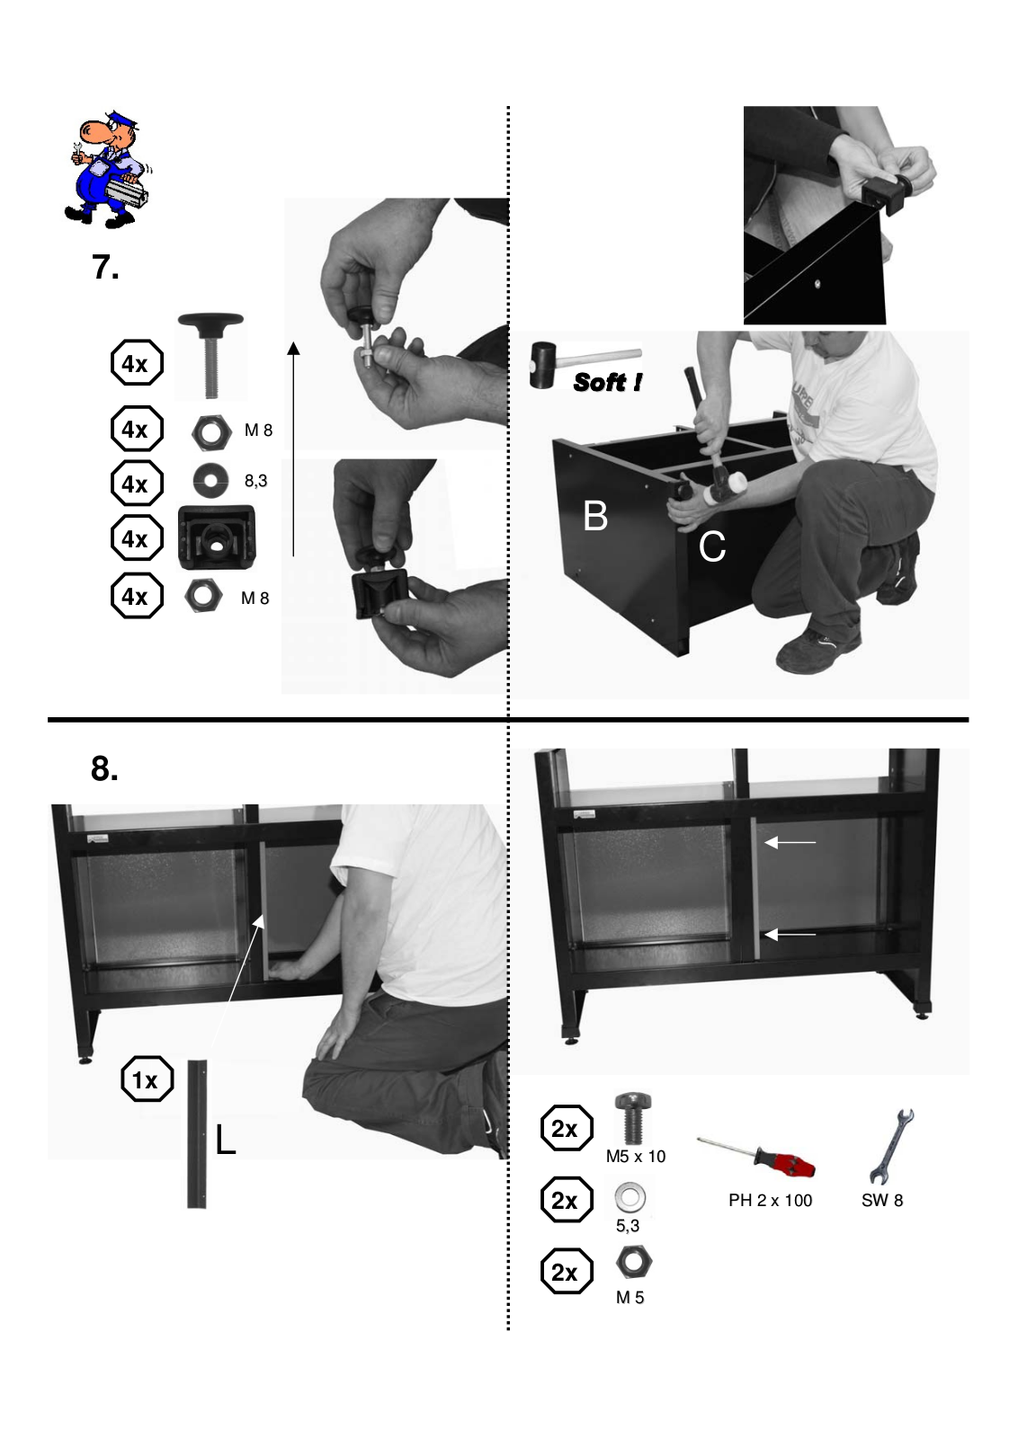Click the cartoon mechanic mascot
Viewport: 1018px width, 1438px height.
point(108,170)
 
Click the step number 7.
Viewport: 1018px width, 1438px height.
point(105,267)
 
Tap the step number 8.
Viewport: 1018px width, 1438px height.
point(104,768)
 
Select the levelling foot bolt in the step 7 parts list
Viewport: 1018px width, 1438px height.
point(210,356)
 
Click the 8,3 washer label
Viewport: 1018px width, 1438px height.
point(255,480)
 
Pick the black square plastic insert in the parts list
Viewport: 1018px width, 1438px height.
point(217,537)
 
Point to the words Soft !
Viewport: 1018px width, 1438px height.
point(607,382)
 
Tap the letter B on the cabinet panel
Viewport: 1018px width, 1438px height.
point(595,516)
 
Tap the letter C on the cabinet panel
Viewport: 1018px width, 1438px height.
point(712,546)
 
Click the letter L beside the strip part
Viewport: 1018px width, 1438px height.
point(225,1140)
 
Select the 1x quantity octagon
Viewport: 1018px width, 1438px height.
point(147,1078)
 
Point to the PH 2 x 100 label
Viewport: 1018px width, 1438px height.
point(770,1200)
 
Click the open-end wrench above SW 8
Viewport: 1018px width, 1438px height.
point(891,1146)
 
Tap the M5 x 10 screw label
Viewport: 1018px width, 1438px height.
point(636,1156)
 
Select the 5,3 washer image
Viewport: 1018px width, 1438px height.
point(630,1197)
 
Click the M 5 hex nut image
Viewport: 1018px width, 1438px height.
point(634,1262)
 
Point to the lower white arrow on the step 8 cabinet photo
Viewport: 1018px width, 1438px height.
point(790,934)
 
